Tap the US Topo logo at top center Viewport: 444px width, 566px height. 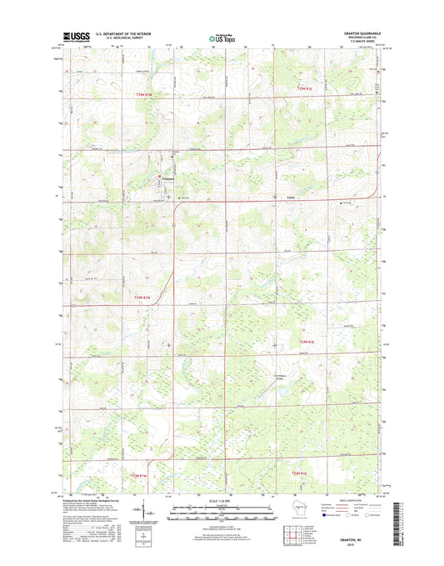(x=221, y=37)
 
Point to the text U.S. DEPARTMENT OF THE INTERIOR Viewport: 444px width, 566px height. (x=123, y=33)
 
